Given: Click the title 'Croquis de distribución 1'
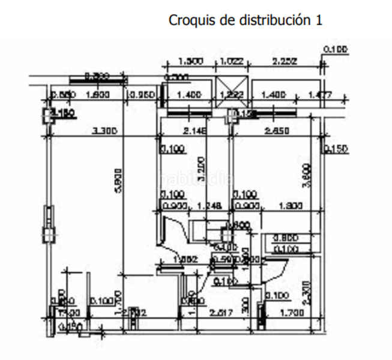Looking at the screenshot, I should coord(245,20).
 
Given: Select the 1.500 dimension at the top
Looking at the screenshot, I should coord(191,61).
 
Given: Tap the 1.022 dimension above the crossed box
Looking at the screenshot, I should coord(232,61).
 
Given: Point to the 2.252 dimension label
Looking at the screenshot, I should coord(286,61).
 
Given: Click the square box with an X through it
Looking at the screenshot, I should coord(232,94).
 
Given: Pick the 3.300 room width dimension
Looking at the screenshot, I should coord(104,131).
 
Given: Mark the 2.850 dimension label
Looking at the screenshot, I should coord(278,131).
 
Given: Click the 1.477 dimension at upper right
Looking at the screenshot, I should coord(319,95).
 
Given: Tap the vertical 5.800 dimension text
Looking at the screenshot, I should coord(119,180).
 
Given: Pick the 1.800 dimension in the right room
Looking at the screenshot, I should coord(290,206).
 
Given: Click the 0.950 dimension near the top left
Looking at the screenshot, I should coord(142,95).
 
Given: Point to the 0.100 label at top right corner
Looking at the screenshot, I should coord(335,49).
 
